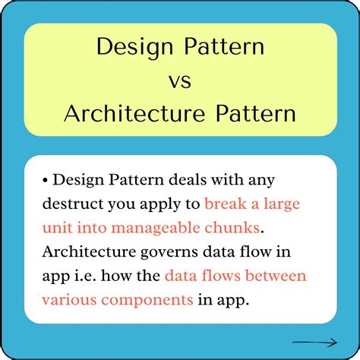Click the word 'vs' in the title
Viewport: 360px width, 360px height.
tap(180, 81)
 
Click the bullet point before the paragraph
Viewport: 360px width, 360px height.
tap(46, 180)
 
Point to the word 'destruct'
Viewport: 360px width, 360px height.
tap(74, 204)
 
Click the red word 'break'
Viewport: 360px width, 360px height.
tap(226, 204)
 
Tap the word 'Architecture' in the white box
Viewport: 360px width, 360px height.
tap(90, 251)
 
